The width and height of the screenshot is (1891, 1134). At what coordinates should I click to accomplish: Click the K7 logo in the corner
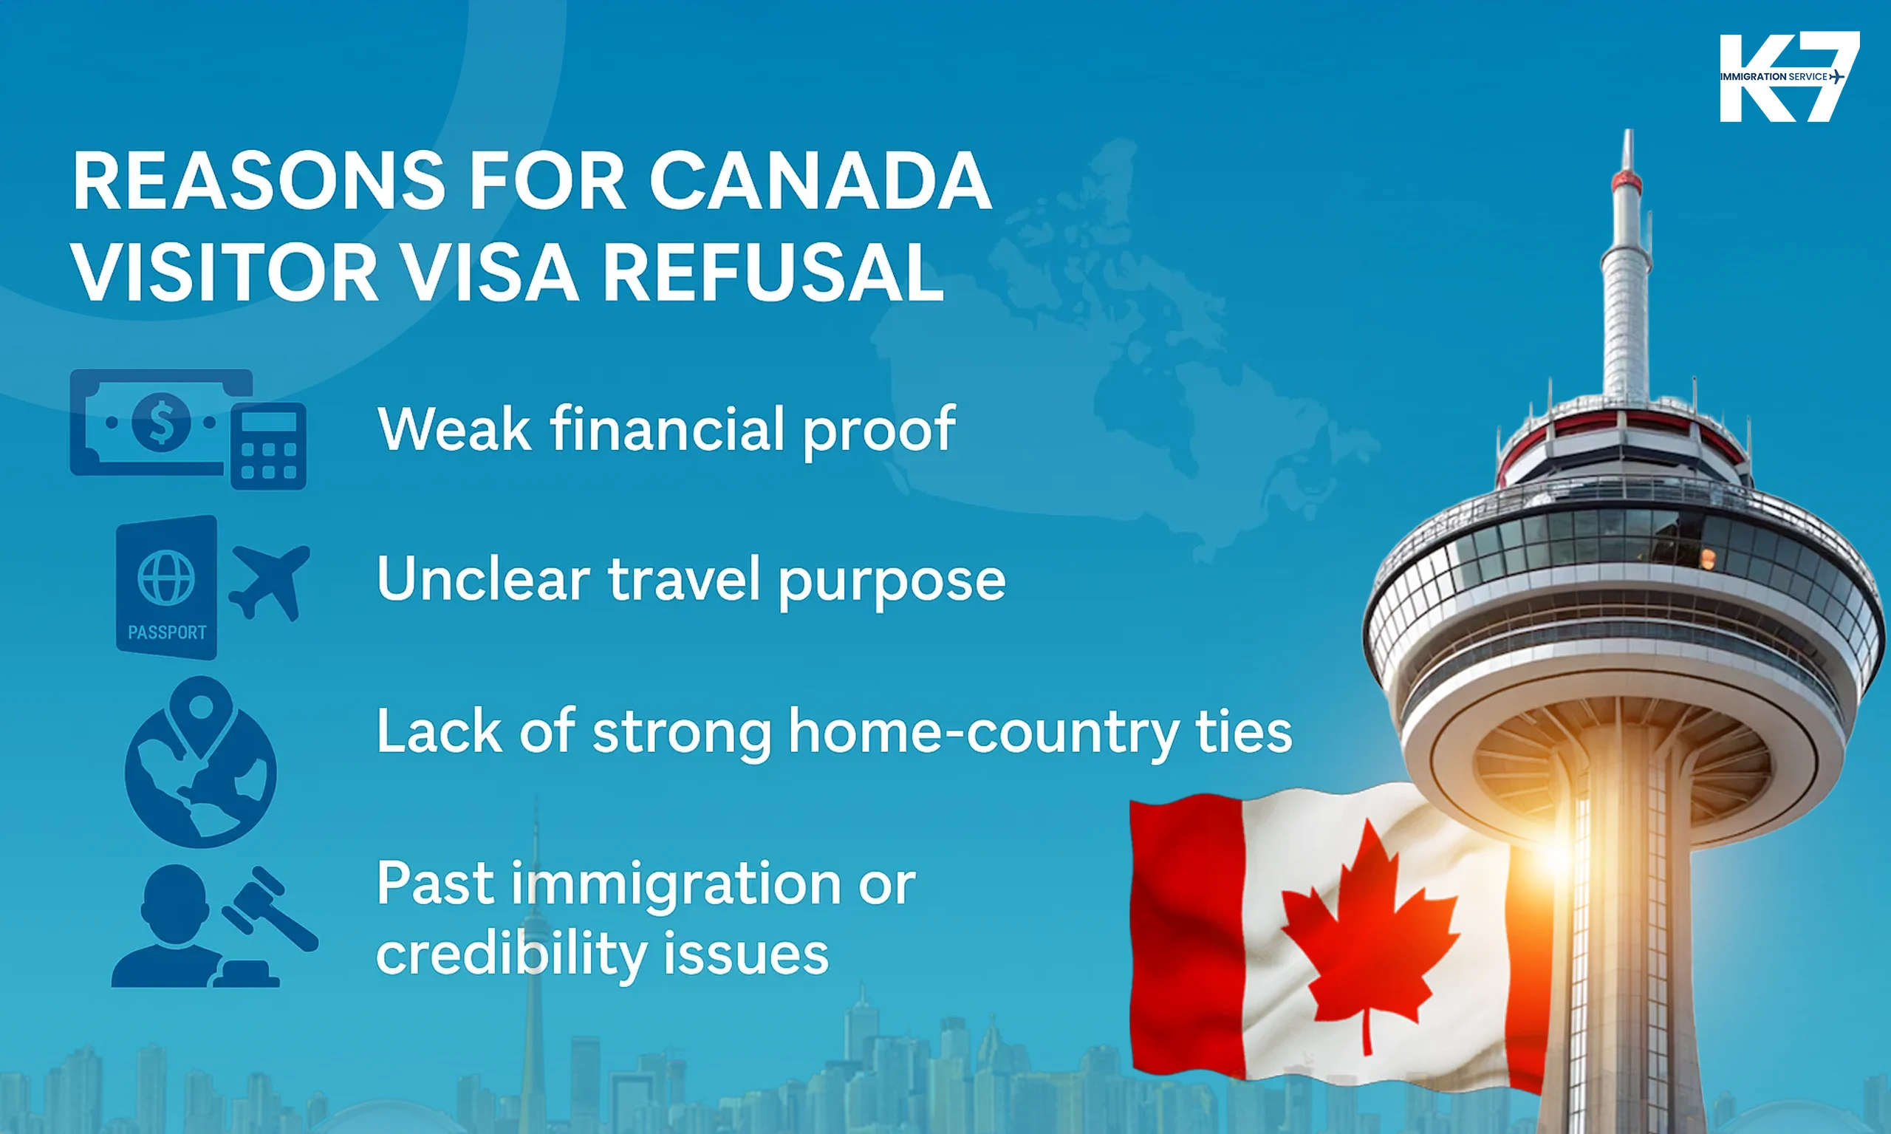click(1788, 76)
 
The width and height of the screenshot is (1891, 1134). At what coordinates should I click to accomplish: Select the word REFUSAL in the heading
click(773, 273)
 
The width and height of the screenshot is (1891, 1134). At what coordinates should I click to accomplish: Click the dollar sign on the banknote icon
click(161, 421)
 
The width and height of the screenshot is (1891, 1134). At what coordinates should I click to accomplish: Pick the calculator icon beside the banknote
click(268, 445)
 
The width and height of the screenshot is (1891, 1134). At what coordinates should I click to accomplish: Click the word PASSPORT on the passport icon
click(166, 632)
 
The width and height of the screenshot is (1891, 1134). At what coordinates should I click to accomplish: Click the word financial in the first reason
click(667, 428)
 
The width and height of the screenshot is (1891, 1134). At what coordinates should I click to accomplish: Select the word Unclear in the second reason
click(483, 579)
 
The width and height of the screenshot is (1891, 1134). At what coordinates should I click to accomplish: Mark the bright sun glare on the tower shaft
click(1555, 848)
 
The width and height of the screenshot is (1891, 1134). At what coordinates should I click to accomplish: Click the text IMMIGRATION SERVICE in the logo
click(1773, 76)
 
